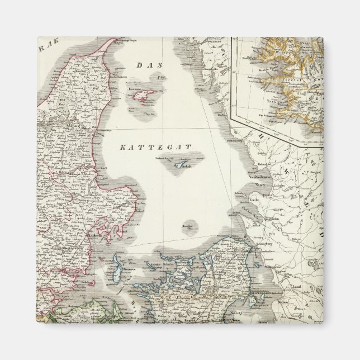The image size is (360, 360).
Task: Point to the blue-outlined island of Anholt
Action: [x=179, y=164]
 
